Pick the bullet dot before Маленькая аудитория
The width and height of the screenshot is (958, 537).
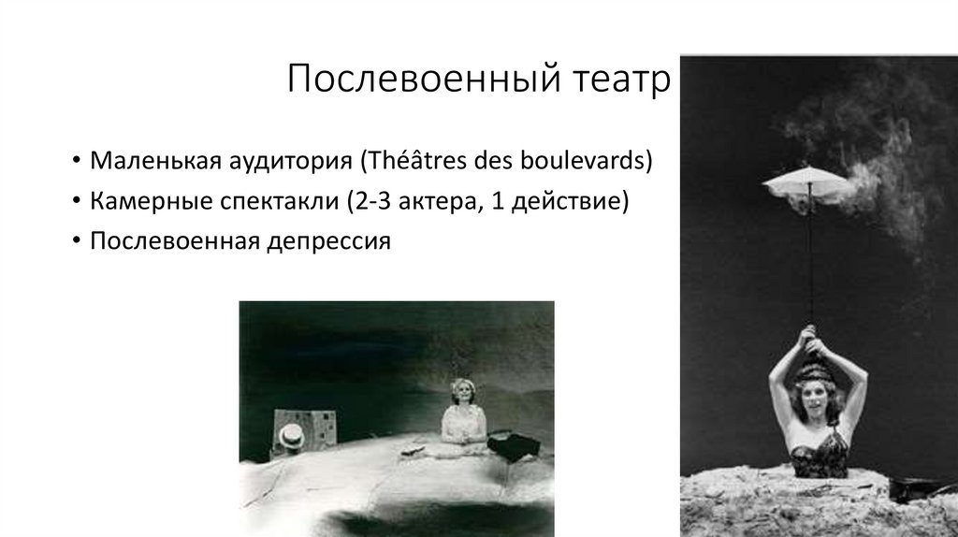[x=74, y=160]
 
